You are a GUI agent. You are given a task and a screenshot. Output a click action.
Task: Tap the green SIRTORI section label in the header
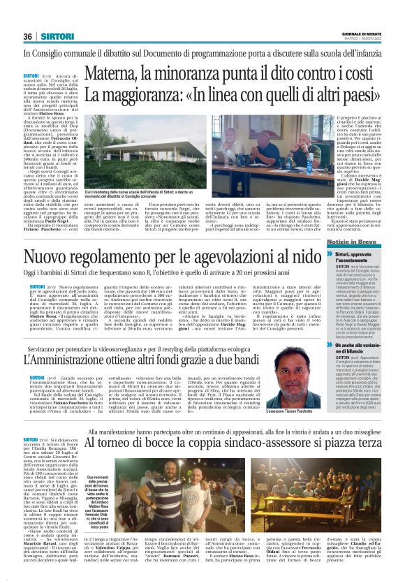coord(53,37)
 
